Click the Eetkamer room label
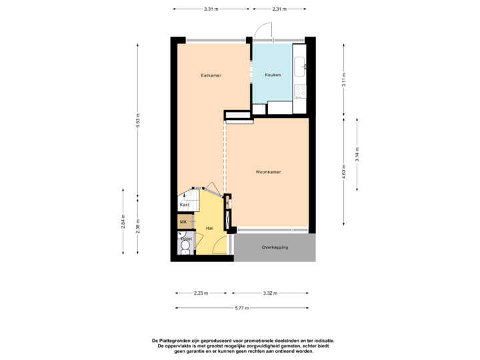pos(211,75)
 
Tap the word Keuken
pos(273,75)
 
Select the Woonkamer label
pos(268,172)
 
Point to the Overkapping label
pos(275,247)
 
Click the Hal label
pos(209,228)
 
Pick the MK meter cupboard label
pos(183,221)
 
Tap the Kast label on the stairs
pos(185,205)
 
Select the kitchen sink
pos(301,65)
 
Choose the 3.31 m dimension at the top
pos(211,9)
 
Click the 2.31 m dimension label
pos(279,9)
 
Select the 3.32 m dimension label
pos(269,293)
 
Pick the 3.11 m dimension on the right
pos(343,79)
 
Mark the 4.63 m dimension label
pos(343,172)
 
